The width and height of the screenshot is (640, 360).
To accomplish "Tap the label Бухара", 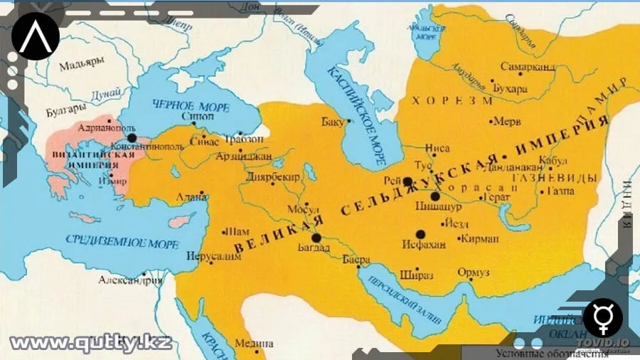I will click(x=510, y=89).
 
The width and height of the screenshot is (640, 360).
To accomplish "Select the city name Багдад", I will click(x=314, y=248).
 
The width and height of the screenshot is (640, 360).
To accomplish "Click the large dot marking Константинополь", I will click(x=132, y=137).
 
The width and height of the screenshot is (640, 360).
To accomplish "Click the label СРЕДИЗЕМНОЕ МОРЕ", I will click(x=121, y=240).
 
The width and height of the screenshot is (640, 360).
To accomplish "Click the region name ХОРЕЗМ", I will click(x=449, y=100).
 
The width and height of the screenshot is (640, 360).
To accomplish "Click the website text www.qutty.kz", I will click(x=90, y=342).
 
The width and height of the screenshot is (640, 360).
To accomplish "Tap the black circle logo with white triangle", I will click(x=35, y=36).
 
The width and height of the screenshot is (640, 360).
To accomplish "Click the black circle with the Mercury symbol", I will click(x=603, y=318).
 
